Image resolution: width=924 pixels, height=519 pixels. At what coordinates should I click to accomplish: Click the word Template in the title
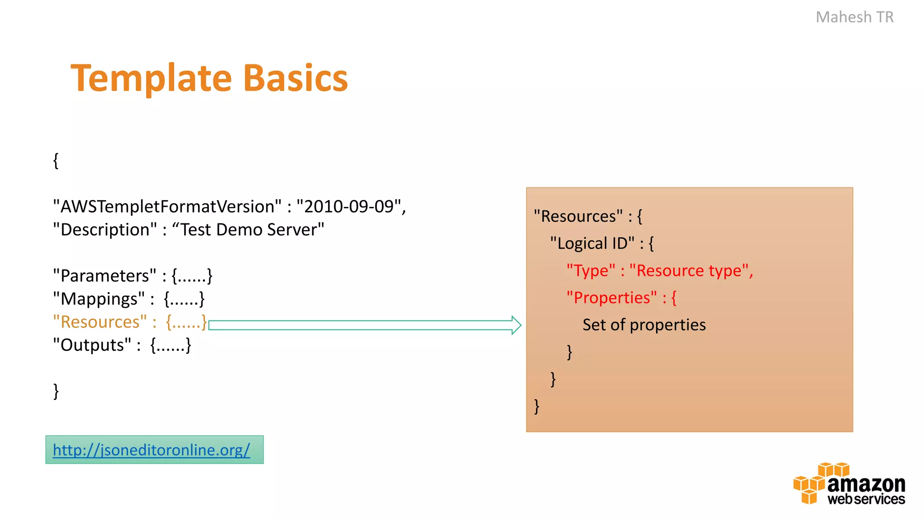151,78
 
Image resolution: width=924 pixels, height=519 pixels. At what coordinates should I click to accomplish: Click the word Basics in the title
296,78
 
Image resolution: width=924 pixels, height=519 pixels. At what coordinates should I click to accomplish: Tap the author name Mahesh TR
854,17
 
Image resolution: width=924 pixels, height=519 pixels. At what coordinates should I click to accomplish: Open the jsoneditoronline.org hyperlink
151,450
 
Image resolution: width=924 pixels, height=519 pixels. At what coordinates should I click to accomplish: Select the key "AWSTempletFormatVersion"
167,206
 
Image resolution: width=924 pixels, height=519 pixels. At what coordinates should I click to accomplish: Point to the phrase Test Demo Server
248,230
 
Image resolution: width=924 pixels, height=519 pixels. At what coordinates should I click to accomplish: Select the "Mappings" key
99,299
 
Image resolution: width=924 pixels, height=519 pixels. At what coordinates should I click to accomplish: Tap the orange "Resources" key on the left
100,322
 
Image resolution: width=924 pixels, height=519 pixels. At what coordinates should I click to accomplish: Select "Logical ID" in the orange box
592,244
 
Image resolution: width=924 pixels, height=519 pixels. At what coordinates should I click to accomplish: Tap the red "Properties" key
611,298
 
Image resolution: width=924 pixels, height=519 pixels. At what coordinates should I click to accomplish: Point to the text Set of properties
644,325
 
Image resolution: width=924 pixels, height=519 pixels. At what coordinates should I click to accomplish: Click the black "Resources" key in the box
578,216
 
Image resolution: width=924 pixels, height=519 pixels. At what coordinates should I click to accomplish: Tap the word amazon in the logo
866,484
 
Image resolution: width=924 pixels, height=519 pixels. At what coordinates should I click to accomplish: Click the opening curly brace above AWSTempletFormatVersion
55,160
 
